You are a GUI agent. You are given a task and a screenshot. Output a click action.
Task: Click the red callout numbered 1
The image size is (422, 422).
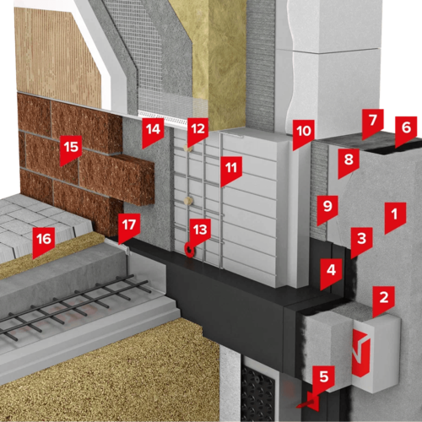tap(395, 217)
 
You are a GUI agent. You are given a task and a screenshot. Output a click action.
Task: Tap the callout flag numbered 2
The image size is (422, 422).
tap(384, 300)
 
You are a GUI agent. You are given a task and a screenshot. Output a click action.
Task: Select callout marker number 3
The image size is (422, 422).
tap(362, 242)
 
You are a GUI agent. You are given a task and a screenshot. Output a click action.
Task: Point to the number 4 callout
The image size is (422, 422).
tap(332, 273)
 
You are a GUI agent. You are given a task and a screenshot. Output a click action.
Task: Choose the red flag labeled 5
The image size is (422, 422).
tap(323, 380)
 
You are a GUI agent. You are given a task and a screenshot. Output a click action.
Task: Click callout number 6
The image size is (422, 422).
tap(406, 131)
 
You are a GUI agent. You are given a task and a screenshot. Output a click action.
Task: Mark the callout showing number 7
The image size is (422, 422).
tap(373, 123)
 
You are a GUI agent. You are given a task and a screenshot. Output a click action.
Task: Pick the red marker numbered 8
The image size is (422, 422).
tap(349, 163)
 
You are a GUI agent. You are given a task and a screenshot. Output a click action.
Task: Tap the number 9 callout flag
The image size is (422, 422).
tap(327, 209)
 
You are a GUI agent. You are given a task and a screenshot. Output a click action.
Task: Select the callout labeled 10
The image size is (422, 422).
tap(304, 134)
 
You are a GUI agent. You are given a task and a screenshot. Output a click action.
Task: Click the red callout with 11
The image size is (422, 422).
tap(231, 170)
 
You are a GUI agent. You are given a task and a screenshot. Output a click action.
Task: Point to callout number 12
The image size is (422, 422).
tap(198, 132)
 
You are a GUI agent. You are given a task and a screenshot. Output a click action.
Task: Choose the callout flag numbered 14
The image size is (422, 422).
tap(153, 133)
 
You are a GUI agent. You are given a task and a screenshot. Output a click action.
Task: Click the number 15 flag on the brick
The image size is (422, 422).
tap(71, 150)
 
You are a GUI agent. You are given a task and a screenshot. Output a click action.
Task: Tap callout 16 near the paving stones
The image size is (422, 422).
tap(44, 242)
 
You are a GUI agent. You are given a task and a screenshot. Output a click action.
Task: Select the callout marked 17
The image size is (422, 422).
tap(129, 228)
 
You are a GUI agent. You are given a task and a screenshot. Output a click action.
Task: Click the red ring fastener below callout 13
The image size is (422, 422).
tap(189, 249)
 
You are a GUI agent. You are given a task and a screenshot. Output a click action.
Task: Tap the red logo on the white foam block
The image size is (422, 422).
tap(361, 354)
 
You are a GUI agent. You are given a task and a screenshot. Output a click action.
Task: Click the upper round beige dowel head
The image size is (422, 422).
tap(188, 148)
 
